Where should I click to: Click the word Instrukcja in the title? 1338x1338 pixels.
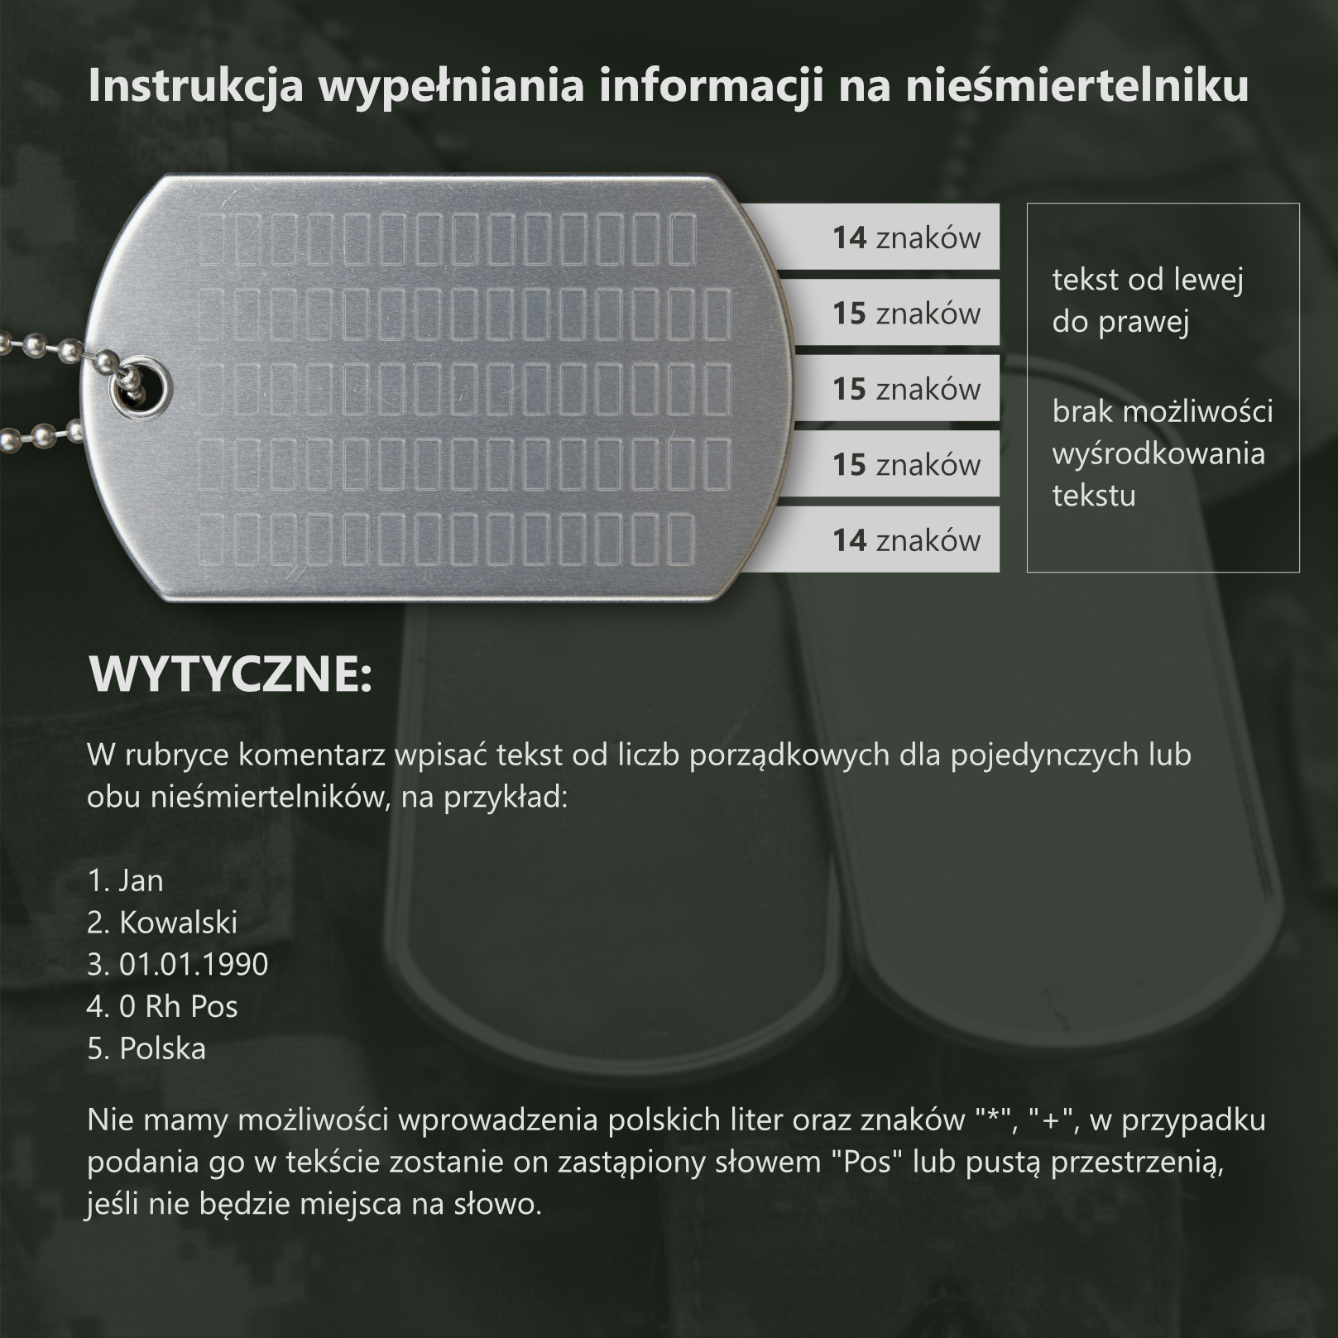click(x=196, y=85)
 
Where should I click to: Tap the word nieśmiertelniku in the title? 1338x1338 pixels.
click(x=1077, y=85)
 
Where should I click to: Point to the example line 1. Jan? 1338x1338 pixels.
click(x=126, y=880)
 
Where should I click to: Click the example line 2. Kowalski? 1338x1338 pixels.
click(x=162, y=922)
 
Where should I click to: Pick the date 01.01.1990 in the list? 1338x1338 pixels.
click(x=194, y=964)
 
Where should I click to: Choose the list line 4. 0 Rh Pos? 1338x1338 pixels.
click(x=162, y=1006)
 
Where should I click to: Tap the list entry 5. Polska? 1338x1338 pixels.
click(x=146, y=1048)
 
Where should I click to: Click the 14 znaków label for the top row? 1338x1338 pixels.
click(x=906, y=237)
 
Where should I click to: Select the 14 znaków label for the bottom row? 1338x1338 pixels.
click(x=906, y=540)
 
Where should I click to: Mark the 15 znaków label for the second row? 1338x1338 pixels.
click(x=906, y=314)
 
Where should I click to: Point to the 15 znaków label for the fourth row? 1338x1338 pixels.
click(x=906, y=465)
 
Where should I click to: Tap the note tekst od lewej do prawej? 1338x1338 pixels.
click(x=1148, y=300)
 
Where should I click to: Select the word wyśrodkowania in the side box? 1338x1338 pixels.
click(x=1158, y=453)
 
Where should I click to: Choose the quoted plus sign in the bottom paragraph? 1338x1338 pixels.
click(x=1052, y=1120)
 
